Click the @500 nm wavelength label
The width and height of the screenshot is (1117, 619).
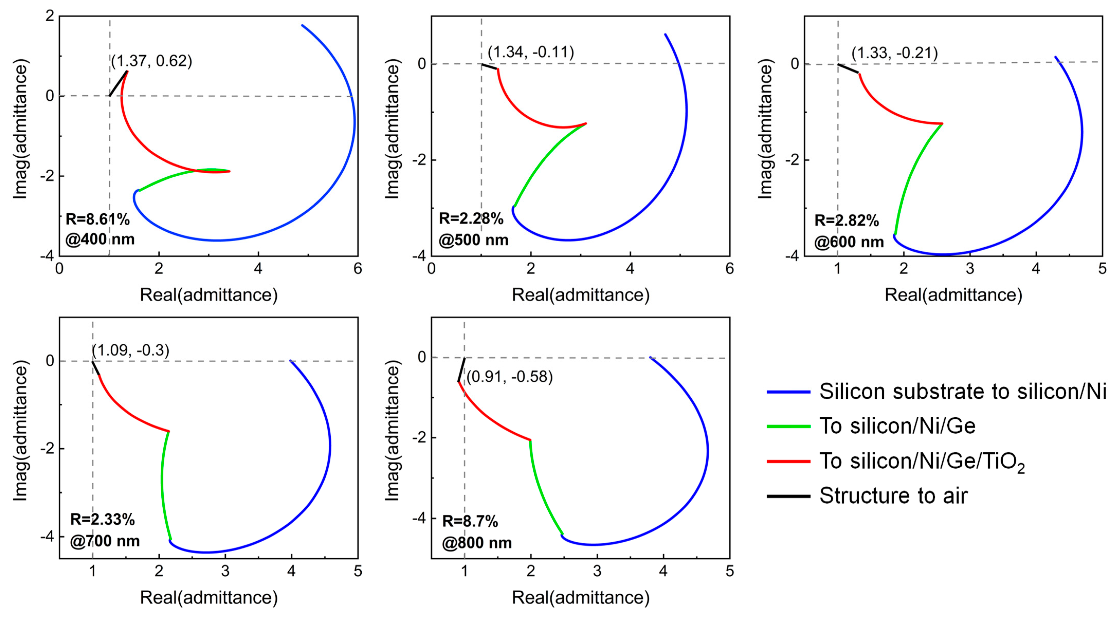(x=473, y=240)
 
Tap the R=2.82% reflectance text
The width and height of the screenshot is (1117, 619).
(x=846, y=220)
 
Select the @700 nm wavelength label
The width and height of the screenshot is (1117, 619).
(x=105, y=541)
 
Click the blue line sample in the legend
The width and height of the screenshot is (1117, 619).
(x=788, y=392)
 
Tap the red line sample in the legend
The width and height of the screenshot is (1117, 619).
(x=788, y=461)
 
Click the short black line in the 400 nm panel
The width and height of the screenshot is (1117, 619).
(x=118, y=84)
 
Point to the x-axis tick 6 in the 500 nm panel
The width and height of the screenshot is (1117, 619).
(x=729, y=269)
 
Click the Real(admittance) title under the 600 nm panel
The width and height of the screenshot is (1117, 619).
(x=953, y=295)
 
